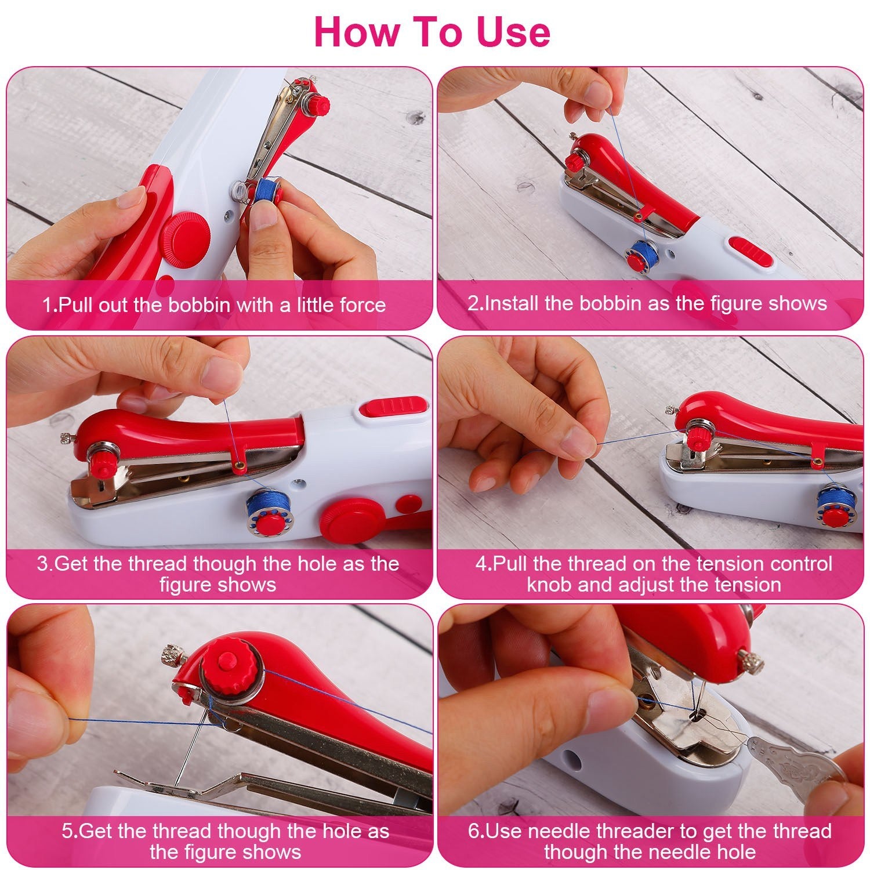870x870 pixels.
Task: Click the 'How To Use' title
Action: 432,32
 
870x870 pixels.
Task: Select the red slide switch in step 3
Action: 394,405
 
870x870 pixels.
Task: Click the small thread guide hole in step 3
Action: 238,464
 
